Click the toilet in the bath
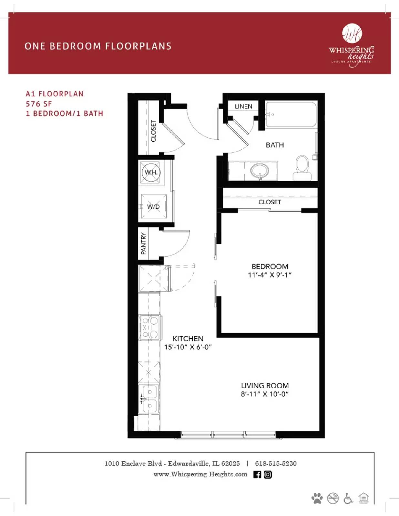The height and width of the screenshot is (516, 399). coord(302,167)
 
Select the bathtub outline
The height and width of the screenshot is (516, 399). coord(291,114)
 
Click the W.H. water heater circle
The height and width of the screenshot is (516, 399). coord(151,172)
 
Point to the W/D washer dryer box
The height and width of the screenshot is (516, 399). coord(154,206)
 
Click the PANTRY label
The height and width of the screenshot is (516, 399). coord(144,243)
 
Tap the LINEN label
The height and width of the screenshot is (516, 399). coord(243,106)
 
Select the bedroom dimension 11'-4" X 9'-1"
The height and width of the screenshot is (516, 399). coord(270,275)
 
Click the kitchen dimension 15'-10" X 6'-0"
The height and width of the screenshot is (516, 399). coord(188,347)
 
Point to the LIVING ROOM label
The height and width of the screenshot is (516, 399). coord(265,385)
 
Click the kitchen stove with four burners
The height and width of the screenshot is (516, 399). coord(150,327)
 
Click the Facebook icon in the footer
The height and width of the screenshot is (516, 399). coord(257,474)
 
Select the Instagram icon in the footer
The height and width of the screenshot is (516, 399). coord(268,474)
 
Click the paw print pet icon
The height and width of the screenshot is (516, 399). coord(317,498)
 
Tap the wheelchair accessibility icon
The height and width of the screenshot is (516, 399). coord(348,498)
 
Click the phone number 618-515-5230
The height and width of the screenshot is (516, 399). coord(276,463)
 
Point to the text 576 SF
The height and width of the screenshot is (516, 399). coord(39,104)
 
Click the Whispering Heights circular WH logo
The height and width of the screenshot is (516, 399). coord(352,34)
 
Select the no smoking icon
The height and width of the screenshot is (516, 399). coord(333,498)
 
